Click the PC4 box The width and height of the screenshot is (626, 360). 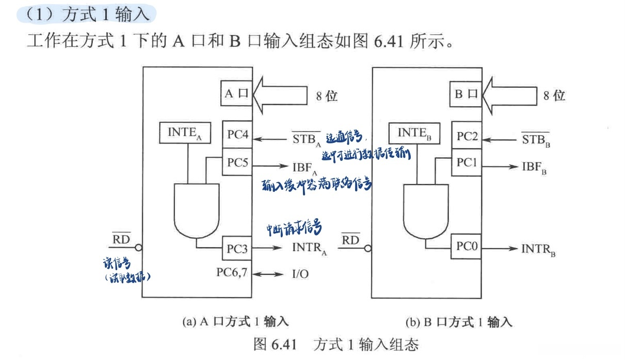[237, 136]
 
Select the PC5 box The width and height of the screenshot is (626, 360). [237, 162]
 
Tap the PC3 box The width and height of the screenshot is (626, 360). [237, 249]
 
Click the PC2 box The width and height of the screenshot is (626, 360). [467, 137]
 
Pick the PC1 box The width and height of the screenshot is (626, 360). [467, 162]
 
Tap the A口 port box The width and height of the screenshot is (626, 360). [237, 94]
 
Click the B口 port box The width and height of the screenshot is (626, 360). [467, 94]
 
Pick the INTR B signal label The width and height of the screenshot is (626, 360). [538, 250]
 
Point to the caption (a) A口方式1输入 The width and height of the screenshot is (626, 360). [235, 322]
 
